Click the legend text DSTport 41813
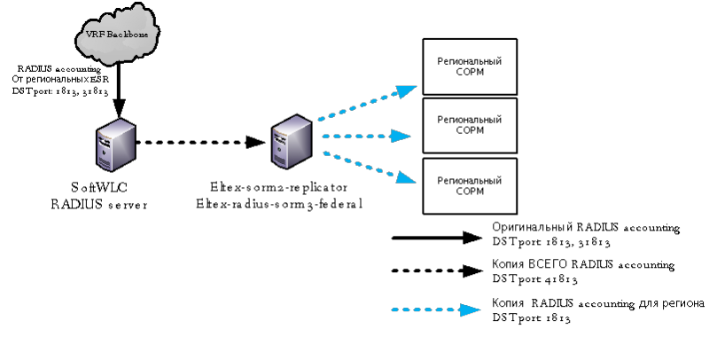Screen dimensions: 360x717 pos(531,279)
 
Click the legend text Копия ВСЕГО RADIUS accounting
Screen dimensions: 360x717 pos(584,265)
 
